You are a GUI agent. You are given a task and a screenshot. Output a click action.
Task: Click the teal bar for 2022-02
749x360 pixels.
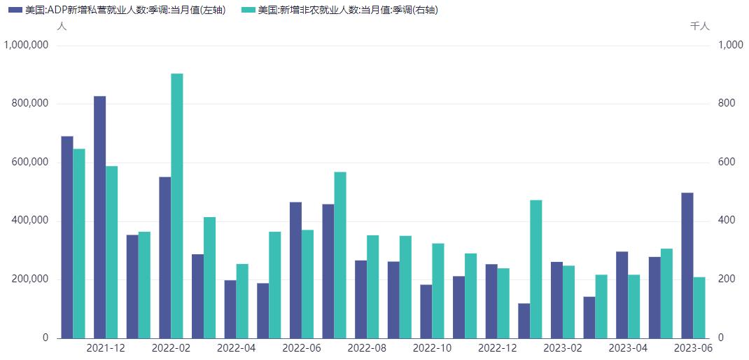[x=177, y=206]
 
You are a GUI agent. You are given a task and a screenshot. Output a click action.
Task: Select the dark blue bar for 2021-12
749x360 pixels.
[x=100, y=217]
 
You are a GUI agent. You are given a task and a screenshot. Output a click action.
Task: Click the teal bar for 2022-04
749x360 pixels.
[x=242, y=301]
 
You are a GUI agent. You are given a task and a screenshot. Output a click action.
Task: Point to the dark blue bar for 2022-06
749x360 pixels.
[x=296, y=270]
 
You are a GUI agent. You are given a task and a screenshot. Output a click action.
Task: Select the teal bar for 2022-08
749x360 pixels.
[x=373, y=286]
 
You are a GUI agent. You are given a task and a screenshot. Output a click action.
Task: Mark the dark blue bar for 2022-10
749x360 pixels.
[x=426, y=311]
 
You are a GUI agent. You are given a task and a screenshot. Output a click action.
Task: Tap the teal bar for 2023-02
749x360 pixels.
[x=568, y=302]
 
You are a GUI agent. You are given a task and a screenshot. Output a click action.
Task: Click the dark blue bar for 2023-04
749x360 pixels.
[x=622, y=295]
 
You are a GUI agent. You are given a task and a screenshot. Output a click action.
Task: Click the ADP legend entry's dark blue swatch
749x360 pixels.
[x=15, y=11]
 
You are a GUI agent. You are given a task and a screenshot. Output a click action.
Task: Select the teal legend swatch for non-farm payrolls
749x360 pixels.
[x=248, y=11]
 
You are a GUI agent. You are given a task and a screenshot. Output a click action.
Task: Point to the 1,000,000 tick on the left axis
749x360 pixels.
[x=27, y=45]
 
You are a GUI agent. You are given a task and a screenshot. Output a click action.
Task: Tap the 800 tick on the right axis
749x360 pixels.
[x=727, y=104]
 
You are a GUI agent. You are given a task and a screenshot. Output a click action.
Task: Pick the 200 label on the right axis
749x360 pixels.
[x=727, y=279]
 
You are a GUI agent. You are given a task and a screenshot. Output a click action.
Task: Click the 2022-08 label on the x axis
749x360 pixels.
[x=367, y=347]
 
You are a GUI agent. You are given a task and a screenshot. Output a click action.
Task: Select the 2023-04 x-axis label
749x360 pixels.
[x=628, y=347]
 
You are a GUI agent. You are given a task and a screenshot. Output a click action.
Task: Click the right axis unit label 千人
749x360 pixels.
[x=700, y=26]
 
